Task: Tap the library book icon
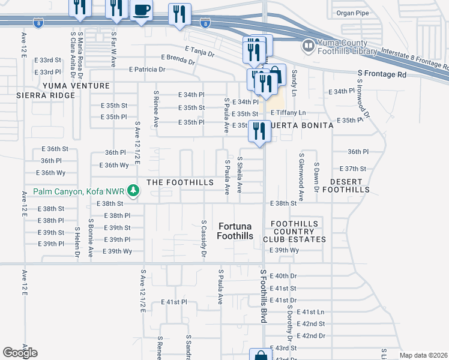coord(309,45)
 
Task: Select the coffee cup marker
coord(142,11)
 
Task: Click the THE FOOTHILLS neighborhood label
coord(180,182)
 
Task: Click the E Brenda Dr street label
coord(178,61)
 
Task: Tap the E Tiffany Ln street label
coord(288,113)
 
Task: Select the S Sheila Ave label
coord(240,175)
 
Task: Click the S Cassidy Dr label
coord(204,239)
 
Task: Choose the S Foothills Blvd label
coord(263,296)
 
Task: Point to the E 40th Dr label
coord(284,276)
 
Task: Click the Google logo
coord(20,353)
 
